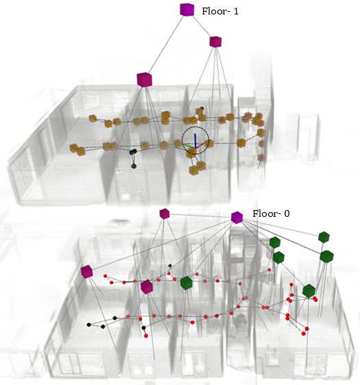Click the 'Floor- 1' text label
click(x=220, y=11)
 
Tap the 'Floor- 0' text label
click(x=271, y=213)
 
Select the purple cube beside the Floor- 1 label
click(x=187, y=10)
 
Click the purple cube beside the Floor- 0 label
click(x=237, y=218)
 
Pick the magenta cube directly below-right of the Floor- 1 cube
click(x=215, y=42)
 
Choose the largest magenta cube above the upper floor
click(x=145, y=80)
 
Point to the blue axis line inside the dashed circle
click(x=195, y=141)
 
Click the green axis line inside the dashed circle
click(x=189, y=146)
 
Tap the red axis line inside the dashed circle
click(x=200, y=145)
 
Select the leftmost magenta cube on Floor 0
click(x=86, y=272)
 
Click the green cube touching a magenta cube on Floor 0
click(x=187, y=283)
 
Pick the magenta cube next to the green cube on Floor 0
click(x=147, y=287)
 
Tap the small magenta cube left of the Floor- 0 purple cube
click(x=165, y=213)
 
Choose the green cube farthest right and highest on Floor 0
click(x=324, y=237)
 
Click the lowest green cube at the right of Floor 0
click(x=309, y=291)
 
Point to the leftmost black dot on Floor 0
click(x=89, y=325)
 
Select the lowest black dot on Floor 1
click(x=134, y=166)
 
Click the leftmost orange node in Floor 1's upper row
click(x=93, y=119)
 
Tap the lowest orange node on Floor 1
click(x=193, y=170)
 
